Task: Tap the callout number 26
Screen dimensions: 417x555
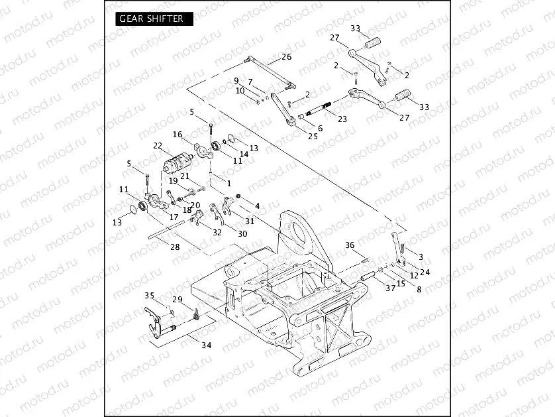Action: [286, 57]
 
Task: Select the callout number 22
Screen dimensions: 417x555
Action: [157, 146]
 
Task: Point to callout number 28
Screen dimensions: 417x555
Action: [175, 247]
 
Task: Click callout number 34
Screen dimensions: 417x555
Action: [207, 345]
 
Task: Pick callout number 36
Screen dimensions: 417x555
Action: [350, 245]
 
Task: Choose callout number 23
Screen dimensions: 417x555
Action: [342, 119]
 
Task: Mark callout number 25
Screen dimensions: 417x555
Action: [313, 136]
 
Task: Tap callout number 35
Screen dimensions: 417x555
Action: [149, 296]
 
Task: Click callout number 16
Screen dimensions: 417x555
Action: [177, 135]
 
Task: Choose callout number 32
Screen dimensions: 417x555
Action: [217, 233]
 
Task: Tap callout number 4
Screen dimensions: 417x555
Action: [257, 206]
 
